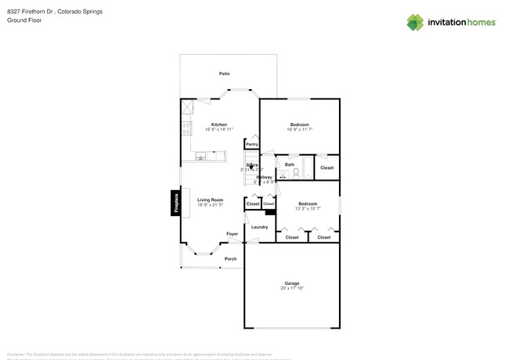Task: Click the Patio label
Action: [x=224, y=74]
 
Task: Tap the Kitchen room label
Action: [x=218, y=124]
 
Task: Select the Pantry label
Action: [x=251, y=144]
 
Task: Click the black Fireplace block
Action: [x=176, y=203]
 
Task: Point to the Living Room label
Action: [x=210, y=200]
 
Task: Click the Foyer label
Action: [x=232, y=234]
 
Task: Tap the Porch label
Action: [x=230, y=259]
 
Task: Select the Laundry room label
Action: [x=259, y=227]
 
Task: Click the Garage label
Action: [x=291, y=283]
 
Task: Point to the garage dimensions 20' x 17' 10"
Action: [x=291, y=289]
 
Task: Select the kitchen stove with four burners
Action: [x=186, y=127]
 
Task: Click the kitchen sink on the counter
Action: [x=201, y=157]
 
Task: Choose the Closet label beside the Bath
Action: [x=327, y=167]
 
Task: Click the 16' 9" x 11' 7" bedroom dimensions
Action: [x=299, y=130]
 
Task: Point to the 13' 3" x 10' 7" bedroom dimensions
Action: [x=307, y=209]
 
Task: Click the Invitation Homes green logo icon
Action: [x=415, y=23]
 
